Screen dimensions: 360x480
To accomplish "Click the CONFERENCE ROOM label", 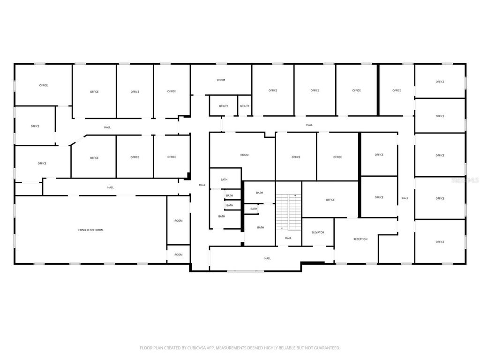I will point(90,230).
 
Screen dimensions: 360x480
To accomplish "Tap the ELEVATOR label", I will point(318,232).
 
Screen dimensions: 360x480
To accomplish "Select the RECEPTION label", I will point(360,239).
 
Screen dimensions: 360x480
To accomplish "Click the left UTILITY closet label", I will point(224,106).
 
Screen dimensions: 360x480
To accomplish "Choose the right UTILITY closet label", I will point(245,106).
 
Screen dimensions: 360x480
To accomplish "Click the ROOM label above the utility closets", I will point(221,80).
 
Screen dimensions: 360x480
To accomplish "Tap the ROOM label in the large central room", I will point(244,155).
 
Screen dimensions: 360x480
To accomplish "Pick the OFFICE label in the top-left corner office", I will point(44,85).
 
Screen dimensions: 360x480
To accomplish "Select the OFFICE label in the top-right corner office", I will point(440,82).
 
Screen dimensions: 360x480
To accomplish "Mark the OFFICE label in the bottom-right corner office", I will point(440,242).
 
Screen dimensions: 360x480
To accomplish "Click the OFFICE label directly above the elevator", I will point(330,200).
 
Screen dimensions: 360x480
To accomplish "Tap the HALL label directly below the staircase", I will point(288,238).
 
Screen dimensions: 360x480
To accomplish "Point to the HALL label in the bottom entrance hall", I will point(267,258).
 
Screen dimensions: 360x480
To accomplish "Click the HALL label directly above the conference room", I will point(111,187).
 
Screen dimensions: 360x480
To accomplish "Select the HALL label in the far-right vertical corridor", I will point(405,198).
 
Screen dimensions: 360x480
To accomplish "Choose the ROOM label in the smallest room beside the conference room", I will point(179,255).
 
